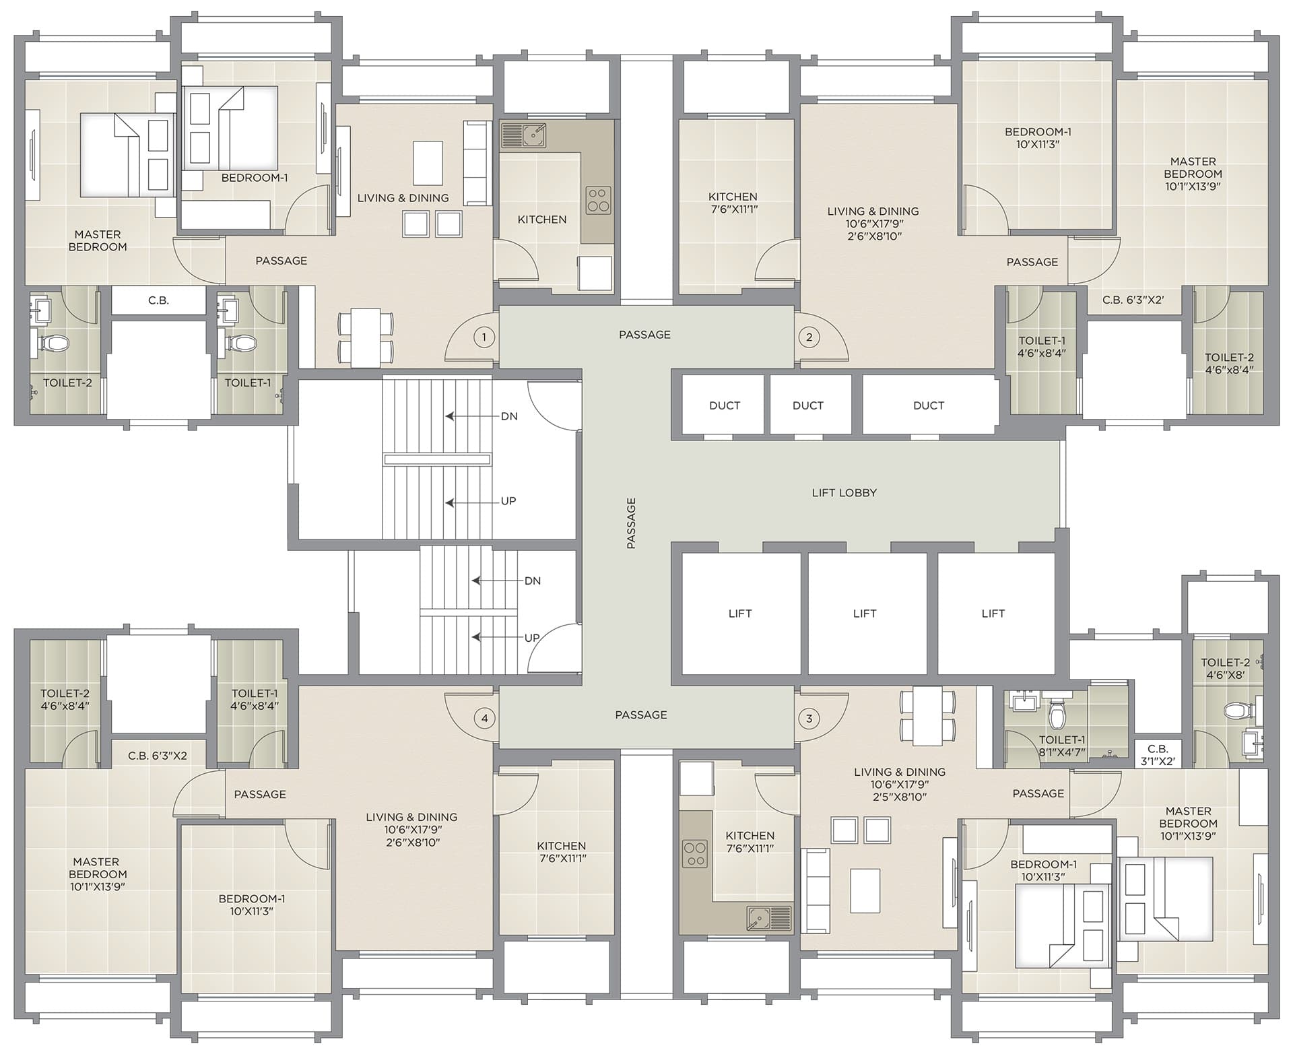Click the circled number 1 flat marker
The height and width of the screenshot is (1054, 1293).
pyautogui.click(x=484, y=337)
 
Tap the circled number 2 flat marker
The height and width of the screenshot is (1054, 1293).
pyautogui.click(x=809, y=337)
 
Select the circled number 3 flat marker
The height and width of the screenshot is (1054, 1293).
pyautogui.click(x=809, y=718)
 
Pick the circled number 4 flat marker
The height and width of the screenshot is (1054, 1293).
pyautogui.click(x=484, y=718)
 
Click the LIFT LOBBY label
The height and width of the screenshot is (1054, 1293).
pyautogui.click(x=844, y=493)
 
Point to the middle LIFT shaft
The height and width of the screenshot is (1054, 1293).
pyautogui.click(x=865, y=614)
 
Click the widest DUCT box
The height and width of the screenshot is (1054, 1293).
pyautogui.click(x=929, y=405)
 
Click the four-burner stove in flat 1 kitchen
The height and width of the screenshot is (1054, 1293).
pyautogui.click(x=598, y=200)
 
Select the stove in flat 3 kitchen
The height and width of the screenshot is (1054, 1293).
pyautogui.click(x=694, y=854)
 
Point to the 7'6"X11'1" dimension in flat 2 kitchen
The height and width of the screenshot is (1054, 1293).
pyautogui.click(x=733, y=209)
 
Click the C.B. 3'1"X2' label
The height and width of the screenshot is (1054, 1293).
pyautogui.click(x=1158, y=755)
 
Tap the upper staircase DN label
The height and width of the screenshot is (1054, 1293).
pyautogui.click(x=509, y=416)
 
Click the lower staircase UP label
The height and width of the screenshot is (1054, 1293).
pyautogui.click(x=532, y=638)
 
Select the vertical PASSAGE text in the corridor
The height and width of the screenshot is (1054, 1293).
pyautogui.click(x=631, y=523)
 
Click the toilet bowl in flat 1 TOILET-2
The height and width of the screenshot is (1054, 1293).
pyautogui.click(x=55, y=343)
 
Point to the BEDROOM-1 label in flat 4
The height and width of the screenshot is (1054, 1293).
pyautogui.click(x=251, y=898)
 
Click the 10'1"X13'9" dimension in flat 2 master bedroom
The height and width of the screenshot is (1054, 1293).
pyautogui.click(x=1193, y=186)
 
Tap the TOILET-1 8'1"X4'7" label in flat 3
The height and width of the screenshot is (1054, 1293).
pyautogui.click(x=1062, y=746)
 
